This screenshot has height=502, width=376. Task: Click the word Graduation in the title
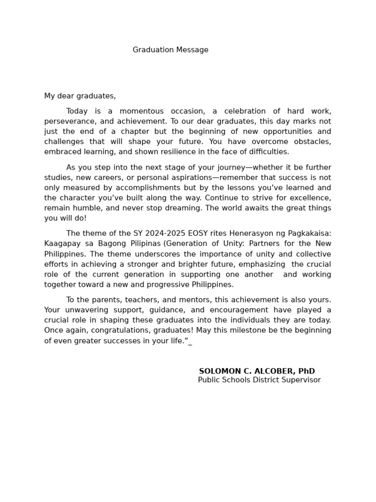151,50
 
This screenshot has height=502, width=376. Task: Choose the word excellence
310,198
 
